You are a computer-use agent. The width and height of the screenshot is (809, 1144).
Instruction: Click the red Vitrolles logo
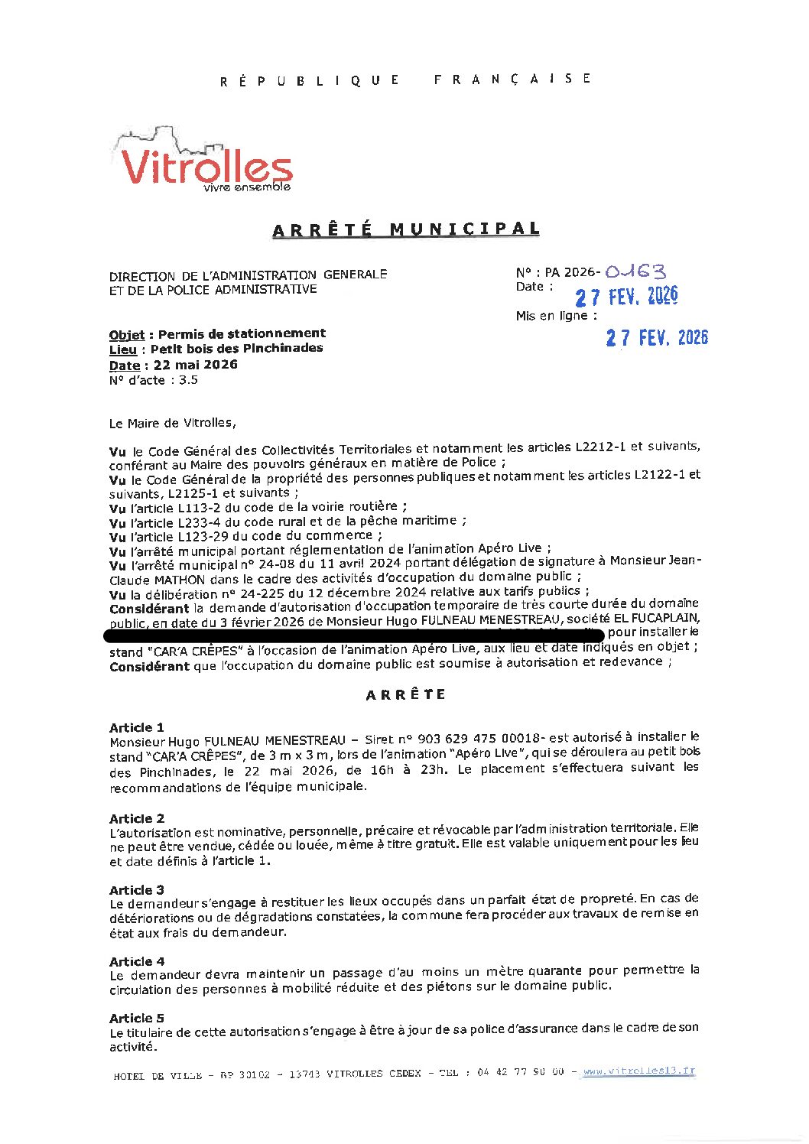206,163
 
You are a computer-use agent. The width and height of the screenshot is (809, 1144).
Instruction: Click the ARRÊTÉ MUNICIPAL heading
406,229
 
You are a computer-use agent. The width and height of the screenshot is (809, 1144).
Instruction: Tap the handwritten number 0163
635,271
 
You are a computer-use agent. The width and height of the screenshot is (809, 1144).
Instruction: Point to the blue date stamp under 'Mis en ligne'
657,337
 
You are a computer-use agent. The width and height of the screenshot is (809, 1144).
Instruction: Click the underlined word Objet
127,334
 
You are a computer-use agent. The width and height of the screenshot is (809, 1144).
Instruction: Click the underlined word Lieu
123,349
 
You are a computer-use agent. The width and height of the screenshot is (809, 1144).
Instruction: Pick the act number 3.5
188,380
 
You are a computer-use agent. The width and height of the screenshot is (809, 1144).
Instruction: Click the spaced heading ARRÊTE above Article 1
405,695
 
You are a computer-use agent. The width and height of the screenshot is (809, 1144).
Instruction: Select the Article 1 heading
137,727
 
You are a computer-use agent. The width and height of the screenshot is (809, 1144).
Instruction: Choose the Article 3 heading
137,890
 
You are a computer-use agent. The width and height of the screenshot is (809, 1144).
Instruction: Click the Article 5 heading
137,1018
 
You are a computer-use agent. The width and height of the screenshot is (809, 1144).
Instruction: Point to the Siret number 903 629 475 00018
479,739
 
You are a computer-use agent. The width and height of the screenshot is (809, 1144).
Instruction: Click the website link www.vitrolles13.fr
639,1071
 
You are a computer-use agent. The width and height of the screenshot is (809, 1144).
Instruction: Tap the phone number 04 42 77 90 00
521,1072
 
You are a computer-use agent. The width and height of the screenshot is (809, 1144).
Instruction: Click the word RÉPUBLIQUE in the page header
310,80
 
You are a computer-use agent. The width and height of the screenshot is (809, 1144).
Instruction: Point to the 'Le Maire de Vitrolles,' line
173,423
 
